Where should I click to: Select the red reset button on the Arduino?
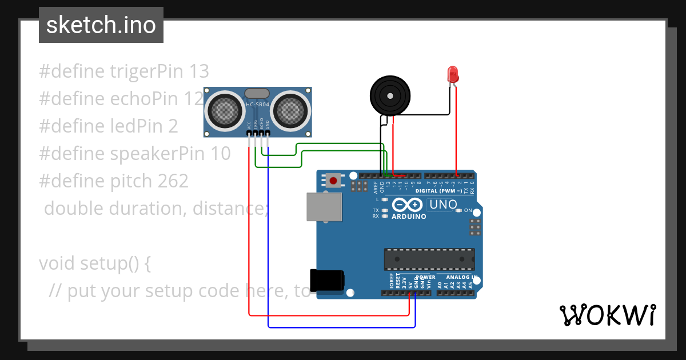pyautogui.click(x=333, y=181)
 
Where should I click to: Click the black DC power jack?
pyautogui.click(x=327, y=279)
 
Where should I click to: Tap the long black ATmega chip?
pyautogui.click(x=429, y=259)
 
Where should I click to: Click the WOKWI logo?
pyautogui.click(x=607, y=315)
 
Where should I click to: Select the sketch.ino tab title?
pyautogui.click(x=101, y=25)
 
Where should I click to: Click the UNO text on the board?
pyautogui.click(x=443, y=205)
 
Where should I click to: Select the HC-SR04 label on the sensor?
pyautogui.click(x=257, y=105)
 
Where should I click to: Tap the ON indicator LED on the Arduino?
pyautogui.click(x=458, y=211)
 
